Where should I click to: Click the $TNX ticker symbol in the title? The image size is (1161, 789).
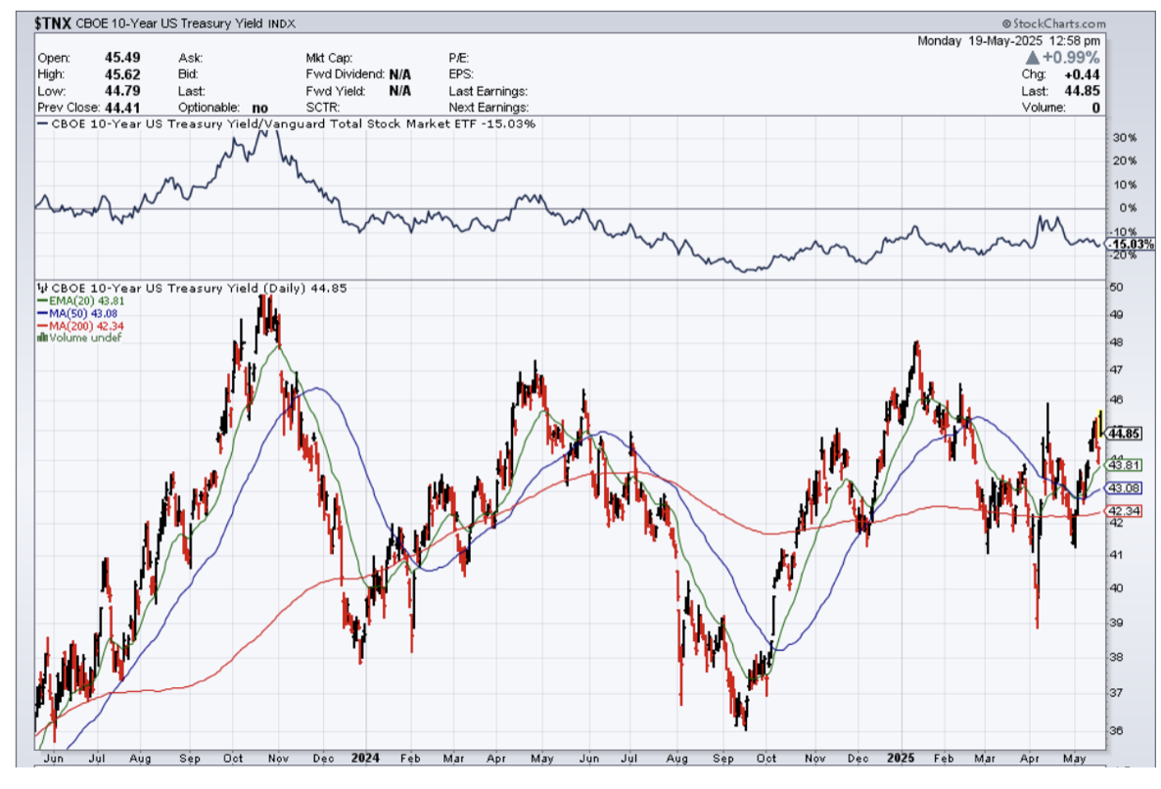(53, 23)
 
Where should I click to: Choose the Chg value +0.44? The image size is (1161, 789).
(1086, 74)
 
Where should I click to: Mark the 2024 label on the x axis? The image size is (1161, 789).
(365, 759)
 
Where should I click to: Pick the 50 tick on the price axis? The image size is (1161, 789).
(1116, 288)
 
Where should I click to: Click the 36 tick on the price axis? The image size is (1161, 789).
(1116, 731)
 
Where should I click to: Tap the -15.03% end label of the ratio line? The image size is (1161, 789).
(1133, 244)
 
